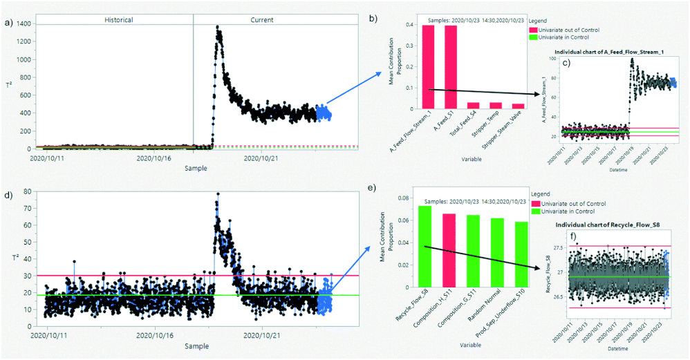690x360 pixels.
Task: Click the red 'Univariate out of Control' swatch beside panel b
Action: click(533, 30)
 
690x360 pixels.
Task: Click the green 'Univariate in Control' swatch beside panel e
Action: click(533, 214)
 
